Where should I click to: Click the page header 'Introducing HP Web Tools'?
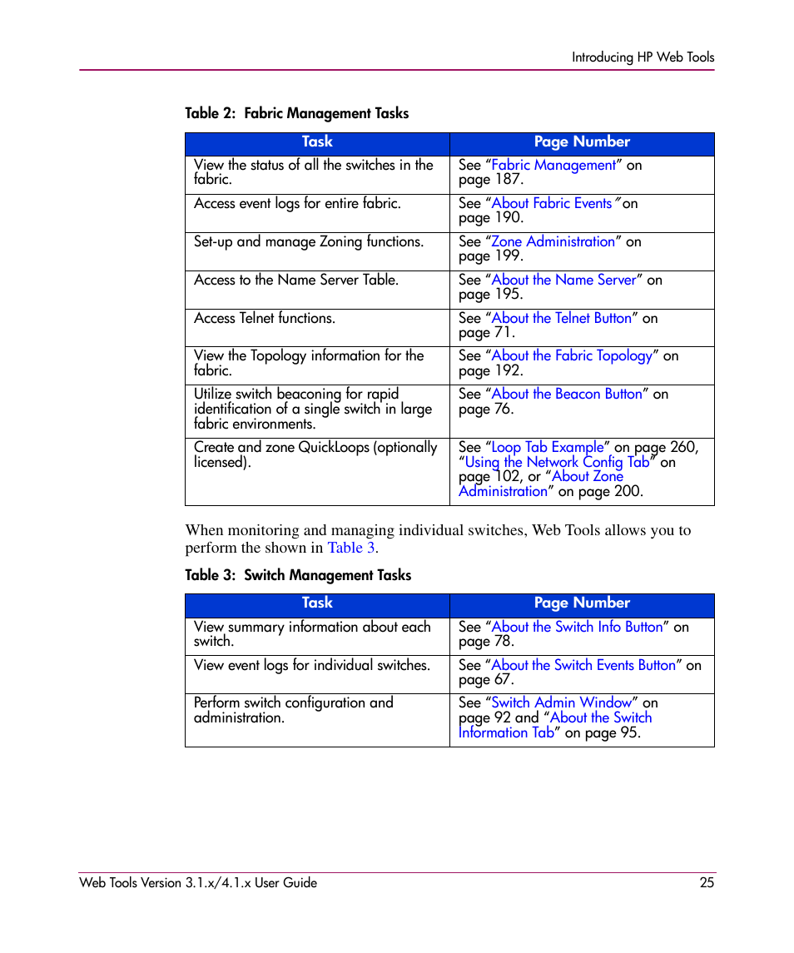[643, 57]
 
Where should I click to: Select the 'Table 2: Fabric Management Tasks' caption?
[297, 113]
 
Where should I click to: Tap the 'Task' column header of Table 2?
[317, 142]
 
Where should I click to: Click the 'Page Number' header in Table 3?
[582, 603]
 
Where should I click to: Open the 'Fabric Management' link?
[553, 166]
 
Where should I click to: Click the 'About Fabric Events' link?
[552, 204]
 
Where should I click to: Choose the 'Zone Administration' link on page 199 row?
[553, 242]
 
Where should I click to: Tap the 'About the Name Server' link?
[564, 280]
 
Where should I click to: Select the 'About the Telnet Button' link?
[562, 319]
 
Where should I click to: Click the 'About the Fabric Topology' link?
[572, 356]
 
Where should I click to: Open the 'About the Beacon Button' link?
[567, 395]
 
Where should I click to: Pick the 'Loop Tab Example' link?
[548, 448]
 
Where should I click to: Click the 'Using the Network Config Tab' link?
[557, 463]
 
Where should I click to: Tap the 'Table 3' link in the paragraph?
[350, 548]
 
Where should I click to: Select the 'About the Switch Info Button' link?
[578, 628]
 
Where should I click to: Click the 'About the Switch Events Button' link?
[583, 666]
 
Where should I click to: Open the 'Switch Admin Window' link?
[562, 703]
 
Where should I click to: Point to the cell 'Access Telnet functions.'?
[265, 319]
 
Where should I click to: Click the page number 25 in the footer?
[707, 883]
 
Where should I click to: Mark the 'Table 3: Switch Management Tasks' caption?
[298, 575]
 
